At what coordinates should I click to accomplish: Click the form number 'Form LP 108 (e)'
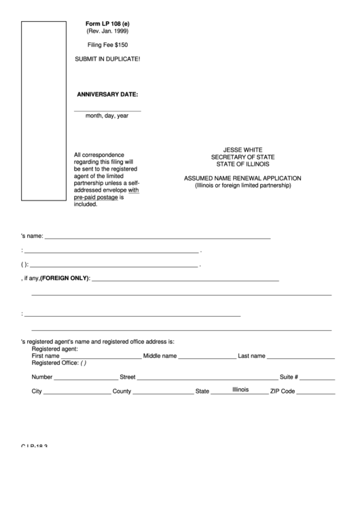pos(107,23)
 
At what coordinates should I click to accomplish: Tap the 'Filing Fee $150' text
pos(107,45)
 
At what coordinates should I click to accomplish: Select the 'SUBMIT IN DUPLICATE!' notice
pos(107,59)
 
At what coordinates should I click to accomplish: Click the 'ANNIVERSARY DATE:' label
pos(107,94)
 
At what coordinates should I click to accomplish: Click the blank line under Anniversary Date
pos(107,109)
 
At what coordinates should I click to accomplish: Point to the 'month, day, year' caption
pos(107,116)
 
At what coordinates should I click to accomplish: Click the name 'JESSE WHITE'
pos(242,150)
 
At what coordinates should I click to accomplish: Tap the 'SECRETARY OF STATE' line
pos(242,157)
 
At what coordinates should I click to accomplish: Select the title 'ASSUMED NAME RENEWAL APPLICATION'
pos(242,178)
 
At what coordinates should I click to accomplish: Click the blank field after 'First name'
pos(101,356)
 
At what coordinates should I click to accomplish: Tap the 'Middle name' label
pos(160,356)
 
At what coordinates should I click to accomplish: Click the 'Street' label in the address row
pos(128,377)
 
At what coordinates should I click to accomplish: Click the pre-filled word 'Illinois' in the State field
pos(240,389)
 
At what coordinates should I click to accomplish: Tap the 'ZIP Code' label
pos(283,392)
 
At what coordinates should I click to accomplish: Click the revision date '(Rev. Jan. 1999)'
pos(107,31)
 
